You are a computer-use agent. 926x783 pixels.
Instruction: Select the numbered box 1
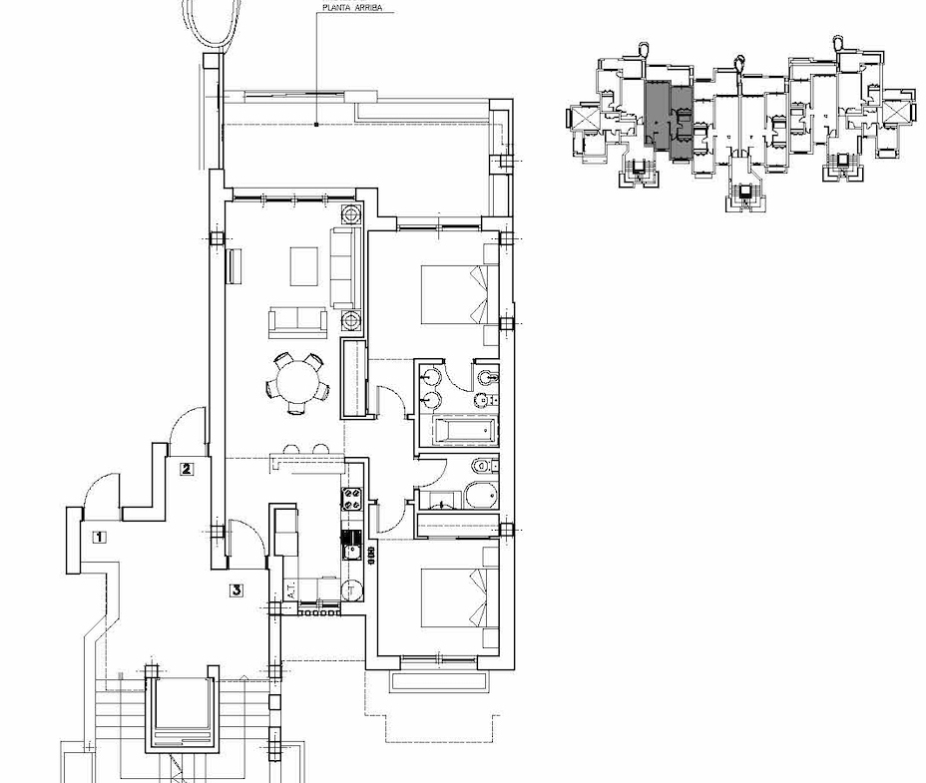[x=98, y=538]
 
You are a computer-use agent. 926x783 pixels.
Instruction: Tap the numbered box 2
[x=186, y=468]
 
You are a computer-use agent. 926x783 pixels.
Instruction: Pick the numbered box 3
[x=235, y=590]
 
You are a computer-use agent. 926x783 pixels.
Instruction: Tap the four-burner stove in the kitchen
[x=351, y=499]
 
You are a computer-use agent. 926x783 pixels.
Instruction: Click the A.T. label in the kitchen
[x=290, y=590]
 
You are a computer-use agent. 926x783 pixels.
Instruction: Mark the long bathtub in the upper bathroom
[x=466, y=432]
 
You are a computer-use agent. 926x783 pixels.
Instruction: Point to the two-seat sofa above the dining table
[x=296, y=321]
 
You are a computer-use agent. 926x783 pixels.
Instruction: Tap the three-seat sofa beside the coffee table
[x=343, y=267]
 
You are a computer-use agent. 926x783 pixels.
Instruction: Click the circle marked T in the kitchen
[x=351, y=590]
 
